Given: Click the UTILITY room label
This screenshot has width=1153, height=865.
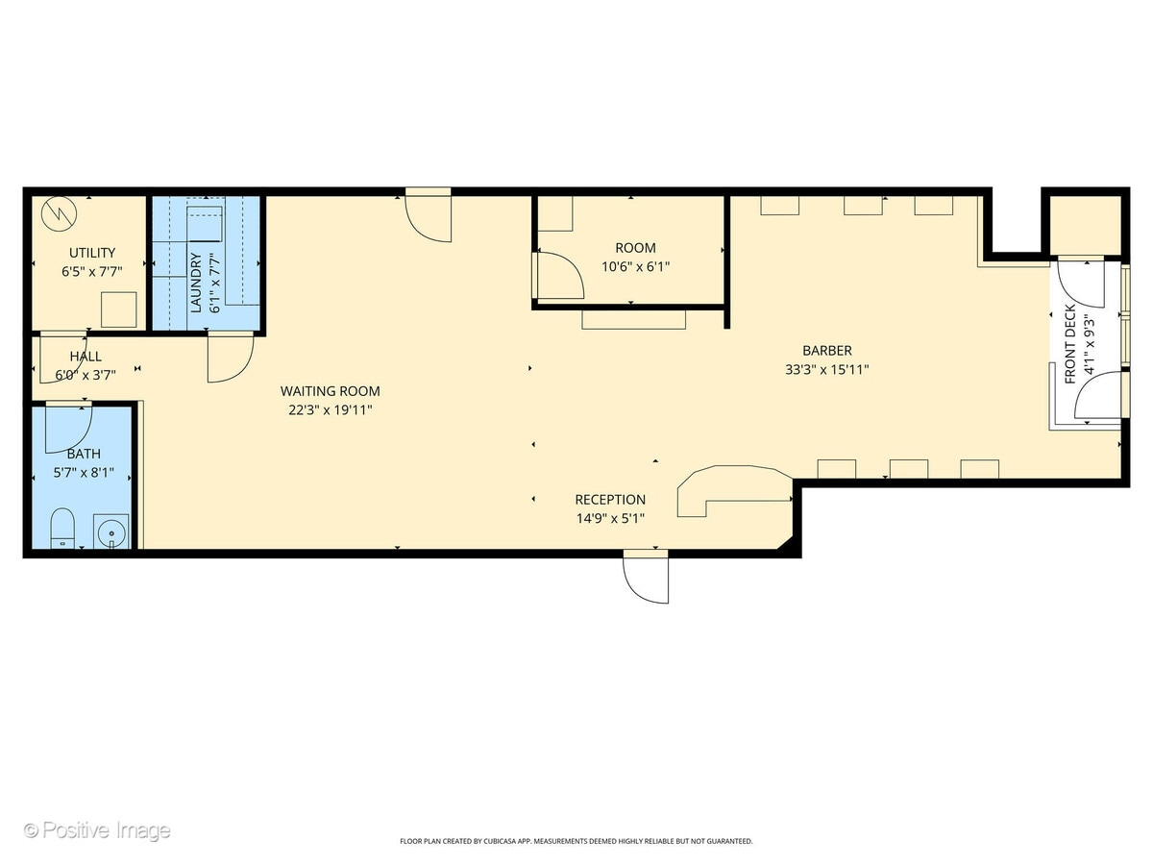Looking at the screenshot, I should tap(92, 253).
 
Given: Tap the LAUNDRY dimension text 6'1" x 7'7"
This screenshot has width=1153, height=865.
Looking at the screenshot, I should tap(214, 282).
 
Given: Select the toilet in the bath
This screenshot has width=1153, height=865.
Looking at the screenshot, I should tap(62, 528).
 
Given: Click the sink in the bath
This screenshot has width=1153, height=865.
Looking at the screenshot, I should tap(111, 530).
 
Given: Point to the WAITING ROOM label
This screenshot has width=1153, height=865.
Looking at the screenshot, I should tap(330, 391).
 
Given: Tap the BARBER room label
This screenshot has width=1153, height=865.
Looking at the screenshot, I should tap(827, 351).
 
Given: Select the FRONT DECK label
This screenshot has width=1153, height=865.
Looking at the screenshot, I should tap(1070, 345).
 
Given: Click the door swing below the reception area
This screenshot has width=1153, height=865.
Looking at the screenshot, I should tap(646, 579).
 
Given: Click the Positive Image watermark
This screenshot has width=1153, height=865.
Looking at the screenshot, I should tap(97, 830).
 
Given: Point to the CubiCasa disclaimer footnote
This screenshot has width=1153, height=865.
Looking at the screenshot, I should tap(576, 841).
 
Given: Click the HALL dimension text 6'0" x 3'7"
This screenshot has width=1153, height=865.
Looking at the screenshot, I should tap(86, 374).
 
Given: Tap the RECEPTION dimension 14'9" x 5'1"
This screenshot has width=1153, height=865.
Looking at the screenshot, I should tap(610, 518).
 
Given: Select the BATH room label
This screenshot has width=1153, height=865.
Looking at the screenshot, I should tap(83, 454).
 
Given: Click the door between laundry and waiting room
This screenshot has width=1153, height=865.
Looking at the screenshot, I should tap(231, 356).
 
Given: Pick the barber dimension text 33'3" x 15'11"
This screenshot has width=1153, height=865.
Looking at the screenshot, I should tap(827, 368).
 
